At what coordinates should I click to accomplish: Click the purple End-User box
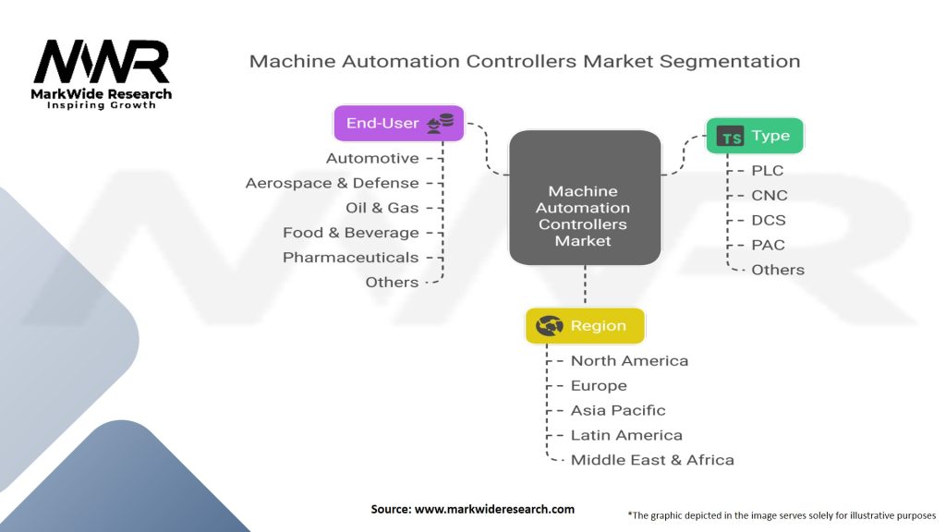(398, 123)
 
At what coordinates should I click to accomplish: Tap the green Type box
(755, 136)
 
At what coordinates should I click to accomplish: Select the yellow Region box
(585, 326)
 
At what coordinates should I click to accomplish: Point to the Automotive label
(372, 159)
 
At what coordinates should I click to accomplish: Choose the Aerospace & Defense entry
(332, 183)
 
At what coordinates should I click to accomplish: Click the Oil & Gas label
(382, 208)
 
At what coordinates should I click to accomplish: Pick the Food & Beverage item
(350, 233)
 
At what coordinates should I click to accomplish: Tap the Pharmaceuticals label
(350, 258)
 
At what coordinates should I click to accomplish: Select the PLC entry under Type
(768, 171)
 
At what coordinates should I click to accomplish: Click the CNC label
(770, 196)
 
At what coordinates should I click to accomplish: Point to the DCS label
(770, 221)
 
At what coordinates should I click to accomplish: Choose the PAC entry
(769, 245)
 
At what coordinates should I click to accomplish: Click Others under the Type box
(778, 270)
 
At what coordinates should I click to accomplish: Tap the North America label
(629, 361)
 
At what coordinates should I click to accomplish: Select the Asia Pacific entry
(618, 410)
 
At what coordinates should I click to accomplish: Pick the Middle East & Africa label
(652, 460)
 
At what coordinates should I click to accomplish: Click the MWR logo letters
(102, 62)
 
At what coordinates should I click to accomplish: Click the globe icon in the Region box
(550, 326)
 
